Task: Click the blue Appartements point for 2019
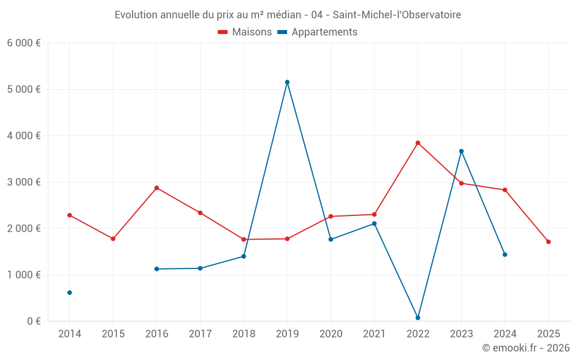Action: (x=287, y=82)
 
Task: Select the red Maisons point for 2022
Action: (x=418, y=143)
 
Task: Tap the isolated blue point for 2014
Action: (x=70, y=293)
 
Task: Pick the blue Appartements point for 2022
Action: (x=418, y=318)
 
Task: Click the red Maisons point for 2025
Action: (x=548, y=242)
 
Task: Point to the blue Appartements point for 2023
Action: (x=461, y=151)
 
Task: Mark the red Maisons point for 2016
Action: (x=157, y=188)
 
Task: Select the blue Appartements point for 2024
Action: (x=505, y=255)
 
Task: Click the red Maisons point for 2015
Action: (x=113, y=238)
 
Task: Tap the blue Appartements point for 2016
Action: (x=157, y=269)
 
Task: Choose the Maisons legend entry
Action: (x=245, y=32)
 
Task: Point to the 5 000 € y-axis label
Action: (x=24, y=89)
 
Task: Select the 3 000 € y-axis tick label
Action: (x=24, y=182)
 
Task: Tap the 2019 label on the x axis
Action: (x=287, y=334)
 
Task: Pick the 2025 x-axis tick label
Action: (x=548, y=334)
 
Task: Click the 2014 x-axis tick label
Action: (x=70, y=334)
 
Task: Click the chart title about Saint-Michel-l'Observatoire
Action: (x=287, y=15)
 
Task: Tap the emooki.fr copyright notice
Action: (x=525, y=348)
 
